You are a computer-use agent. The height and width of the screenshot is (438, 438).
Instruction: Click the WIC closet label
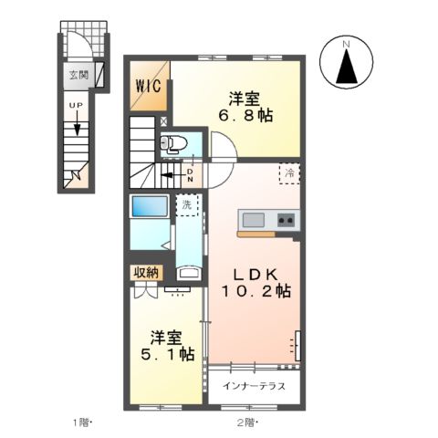(149, 86)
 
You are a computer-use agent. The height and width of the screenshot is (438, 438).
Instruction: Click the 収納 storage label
(148, 272)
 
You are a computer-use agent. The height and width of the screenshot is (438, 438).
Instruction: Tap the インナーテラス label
(255, 386)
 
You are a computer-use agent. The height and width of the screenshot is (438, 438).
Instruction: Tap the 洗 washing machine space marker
(186, 205)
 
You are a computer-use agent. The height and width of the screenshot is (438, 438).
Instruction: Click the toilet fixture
(175, 142)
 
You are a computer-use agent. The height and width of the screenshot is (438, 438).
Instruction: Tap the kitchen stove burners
(286, 220)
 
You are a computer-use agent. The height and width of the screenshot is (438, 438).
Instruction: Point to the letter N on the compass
(347, 44)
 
